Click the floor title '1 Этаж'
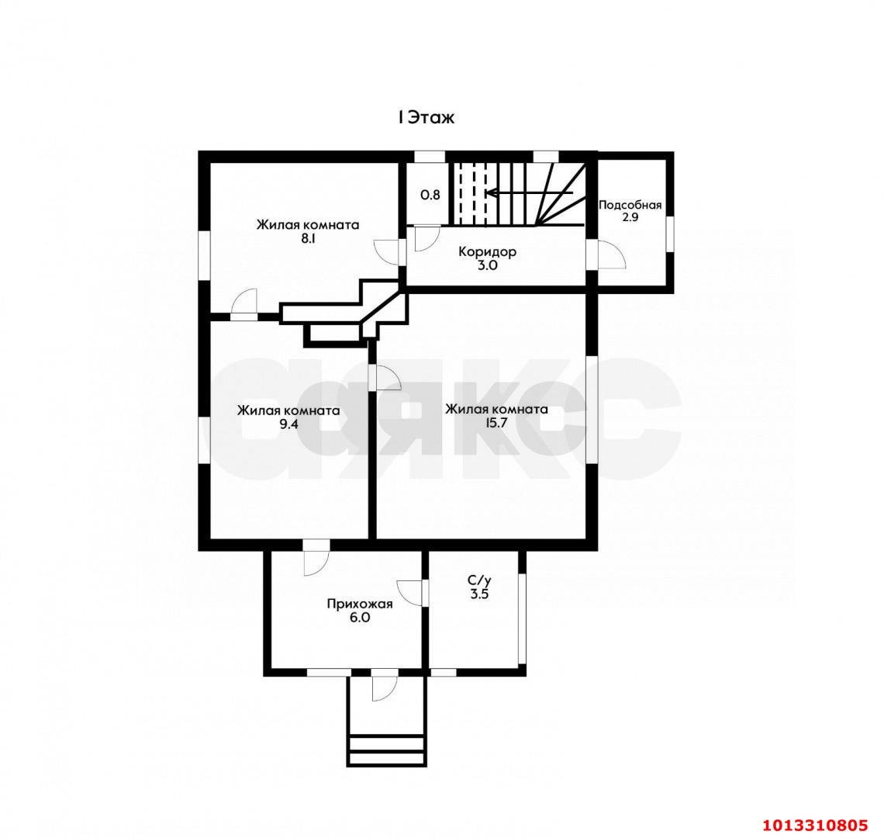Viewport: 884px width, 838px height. point(426,117)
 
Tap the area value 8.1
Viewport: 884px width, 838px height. point(308,238)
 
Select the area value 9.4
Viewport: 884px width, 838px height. point(288,424)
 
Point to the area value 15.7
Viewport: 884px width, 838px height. point(496,423)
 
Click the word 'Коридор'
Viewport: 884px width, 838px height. point(487,251)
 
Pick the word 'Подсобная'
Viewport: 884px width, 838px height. point(630,205)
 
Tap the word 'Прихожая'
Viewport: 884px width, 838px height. point(360,604)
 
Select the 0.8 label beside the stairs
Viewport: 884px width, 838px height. point(430,196)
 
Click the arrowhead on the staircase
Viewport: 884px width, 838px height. point(489,193)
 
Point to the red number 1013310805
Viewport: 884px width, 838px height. point(815,825)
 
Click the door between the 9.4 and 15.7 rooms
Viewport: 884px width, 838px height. point(385,378)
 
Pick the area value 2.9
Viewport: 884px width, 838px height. point(630,217)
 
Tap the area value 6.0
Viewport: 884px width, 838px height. point(360,618)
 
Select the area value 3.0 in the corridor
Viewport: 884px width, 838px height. point(487,265)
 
